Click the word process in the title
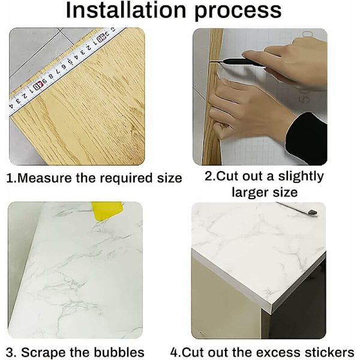pos(238,12)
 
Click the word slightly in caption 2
pos(301,176)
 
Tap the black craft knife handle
pos(240,62)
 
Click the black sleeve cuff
pos(306,139)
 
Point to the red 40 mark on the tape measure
pos(38,86)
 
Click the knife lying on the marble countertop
pos(296,208)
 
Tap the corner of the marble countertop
pos(272,308)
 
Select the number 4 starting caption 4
pos(174,352)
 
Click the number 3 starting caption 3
pos(10,352)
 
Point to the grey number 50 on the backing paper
pos(305,97)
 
